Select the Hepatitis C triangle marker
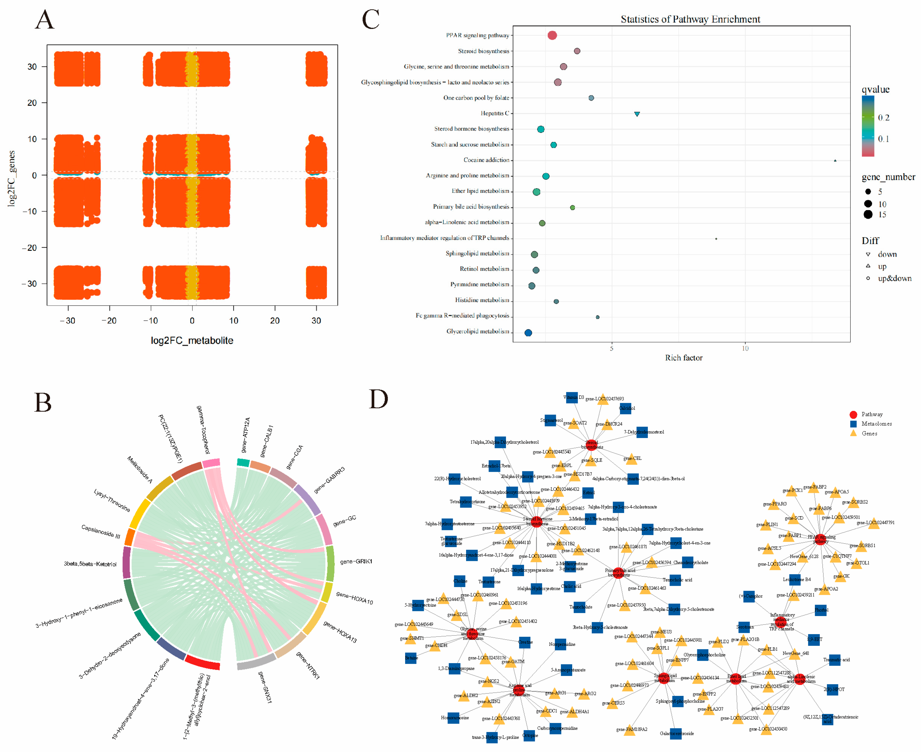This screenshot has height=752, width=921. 636,114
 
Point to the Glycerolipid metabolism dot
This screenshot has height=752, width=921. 528,333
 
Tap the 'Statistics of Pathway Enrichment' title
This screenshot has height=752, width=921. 690,19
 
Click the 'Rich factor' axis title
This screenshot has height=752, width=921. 683,358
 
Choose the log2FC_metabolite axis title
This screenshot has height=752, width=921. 192,341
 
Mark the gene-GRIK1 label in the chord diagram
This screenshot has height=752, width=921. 356,561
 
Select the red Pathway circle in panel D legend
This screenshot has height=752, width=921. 853,415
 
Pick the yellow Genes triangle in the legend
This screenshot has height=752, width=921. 853,433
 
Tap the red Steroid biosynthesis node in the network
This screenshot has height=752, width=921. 591,445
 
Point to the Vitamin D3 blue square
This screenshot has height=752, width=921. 572,398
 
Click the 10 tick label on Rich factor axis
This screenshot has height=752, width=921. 745,348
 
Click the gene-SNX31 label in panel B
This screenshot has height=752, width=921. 264,687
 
